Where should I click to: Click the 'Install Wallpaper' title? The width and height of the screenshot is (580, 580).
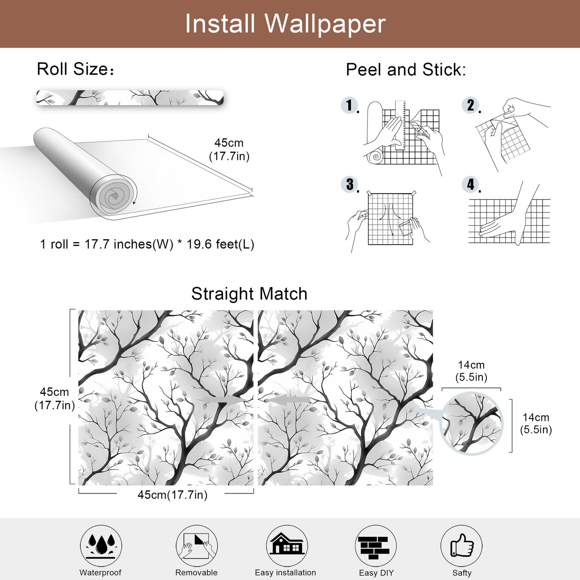coord(285,24)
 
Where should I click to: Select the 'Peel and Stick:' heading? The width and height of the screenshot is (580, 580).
coord(406,70)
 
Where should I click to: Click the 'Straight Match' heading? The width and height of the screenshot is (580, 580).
coord(249,294)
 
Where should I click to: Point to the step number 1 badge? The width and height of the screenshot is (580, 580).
coord(349,105)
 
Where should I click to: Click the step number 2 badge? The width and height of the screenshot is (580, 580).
coord(471,105)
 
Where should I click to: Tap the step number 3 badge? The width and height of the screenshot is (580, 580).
coord(349,184)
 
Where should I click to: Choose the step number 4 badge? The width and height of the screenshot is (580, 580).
coord(471,184)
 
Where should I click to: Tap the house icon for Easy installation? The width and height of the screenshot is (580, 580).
coord(287,545)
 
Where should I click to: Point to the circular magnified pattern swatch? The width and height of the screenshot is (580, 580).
coord(471,423)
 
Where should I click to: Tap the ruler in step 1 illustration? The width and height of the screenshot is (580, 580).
coord(400,125)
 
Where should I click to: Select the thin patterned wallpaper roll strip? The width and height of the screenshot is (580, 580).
coord(130,98)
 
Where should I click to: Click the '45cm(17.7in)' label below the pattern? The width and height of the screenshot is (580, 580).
coord(173,495)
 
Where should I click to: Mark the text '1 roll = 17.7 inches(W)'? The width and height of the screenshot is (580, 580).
coord(107,244)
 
